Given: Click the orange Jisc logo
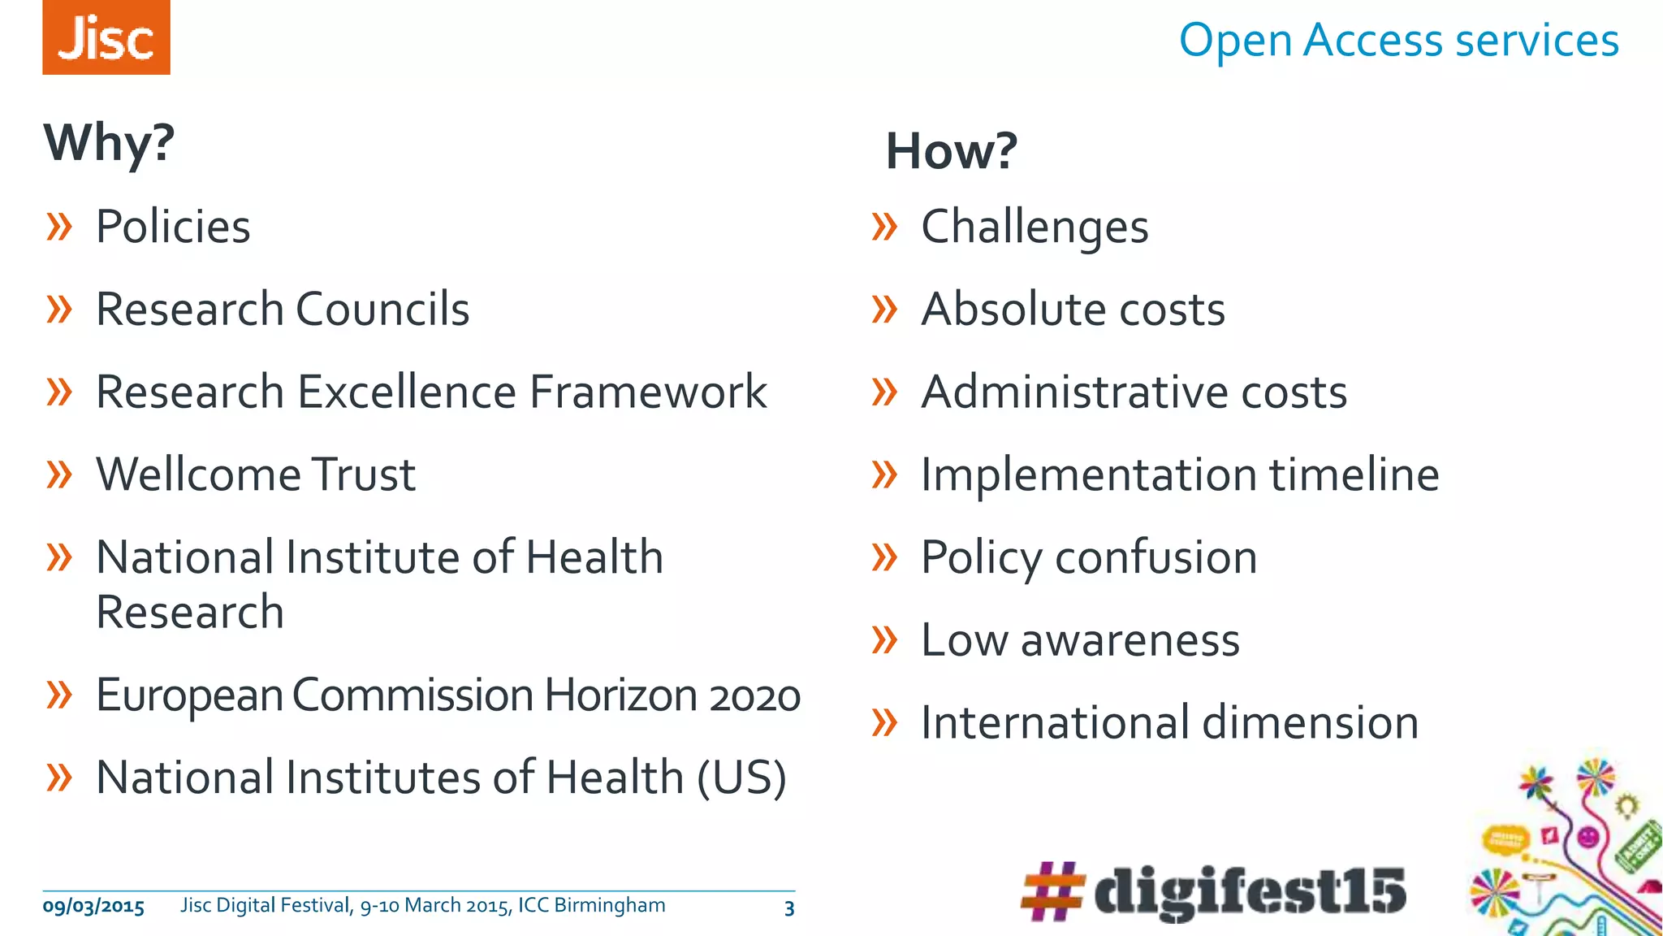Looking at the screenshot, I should coord(106,37).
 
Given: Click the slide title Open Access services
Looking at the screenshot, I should coord(1398,40).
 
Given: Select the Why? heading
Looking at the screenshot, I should coord(109,143).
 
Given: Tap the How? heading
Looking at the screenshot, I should coord(951,151).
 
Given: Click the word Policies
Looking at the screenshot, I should coord(173,227).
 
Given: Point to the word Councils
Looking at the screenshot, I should coord(382,310).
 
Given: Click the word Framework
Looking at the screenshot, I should coord(648,392).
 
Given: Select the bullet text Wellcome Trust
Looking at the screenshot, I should coord(256,474).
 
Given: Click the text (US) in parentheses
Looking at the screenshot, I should coord(741,778).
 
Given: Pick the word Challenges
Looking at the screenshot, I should coord(1035,227).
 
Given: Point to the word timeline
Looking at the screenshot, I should coord(1354,474).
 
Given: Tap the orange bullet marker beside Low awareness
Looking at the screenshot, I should coord(884,640).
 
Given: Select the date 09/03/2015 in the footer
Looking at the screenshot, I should coord(93,907).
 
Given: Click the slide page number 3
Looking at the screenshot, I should coord(789,908).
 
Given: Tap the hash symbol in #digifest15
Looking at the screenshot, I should coord(1052,891).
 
